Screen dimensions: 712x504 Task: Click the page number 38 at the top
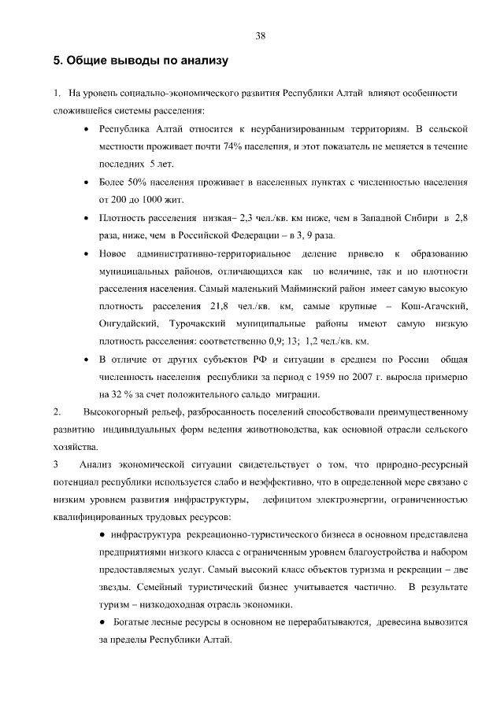coord(260,35)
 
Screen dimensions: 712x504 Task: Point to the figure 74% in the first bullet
coord(240,146)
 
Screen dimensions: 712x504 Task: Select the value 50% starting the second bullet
coord(137,183)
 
